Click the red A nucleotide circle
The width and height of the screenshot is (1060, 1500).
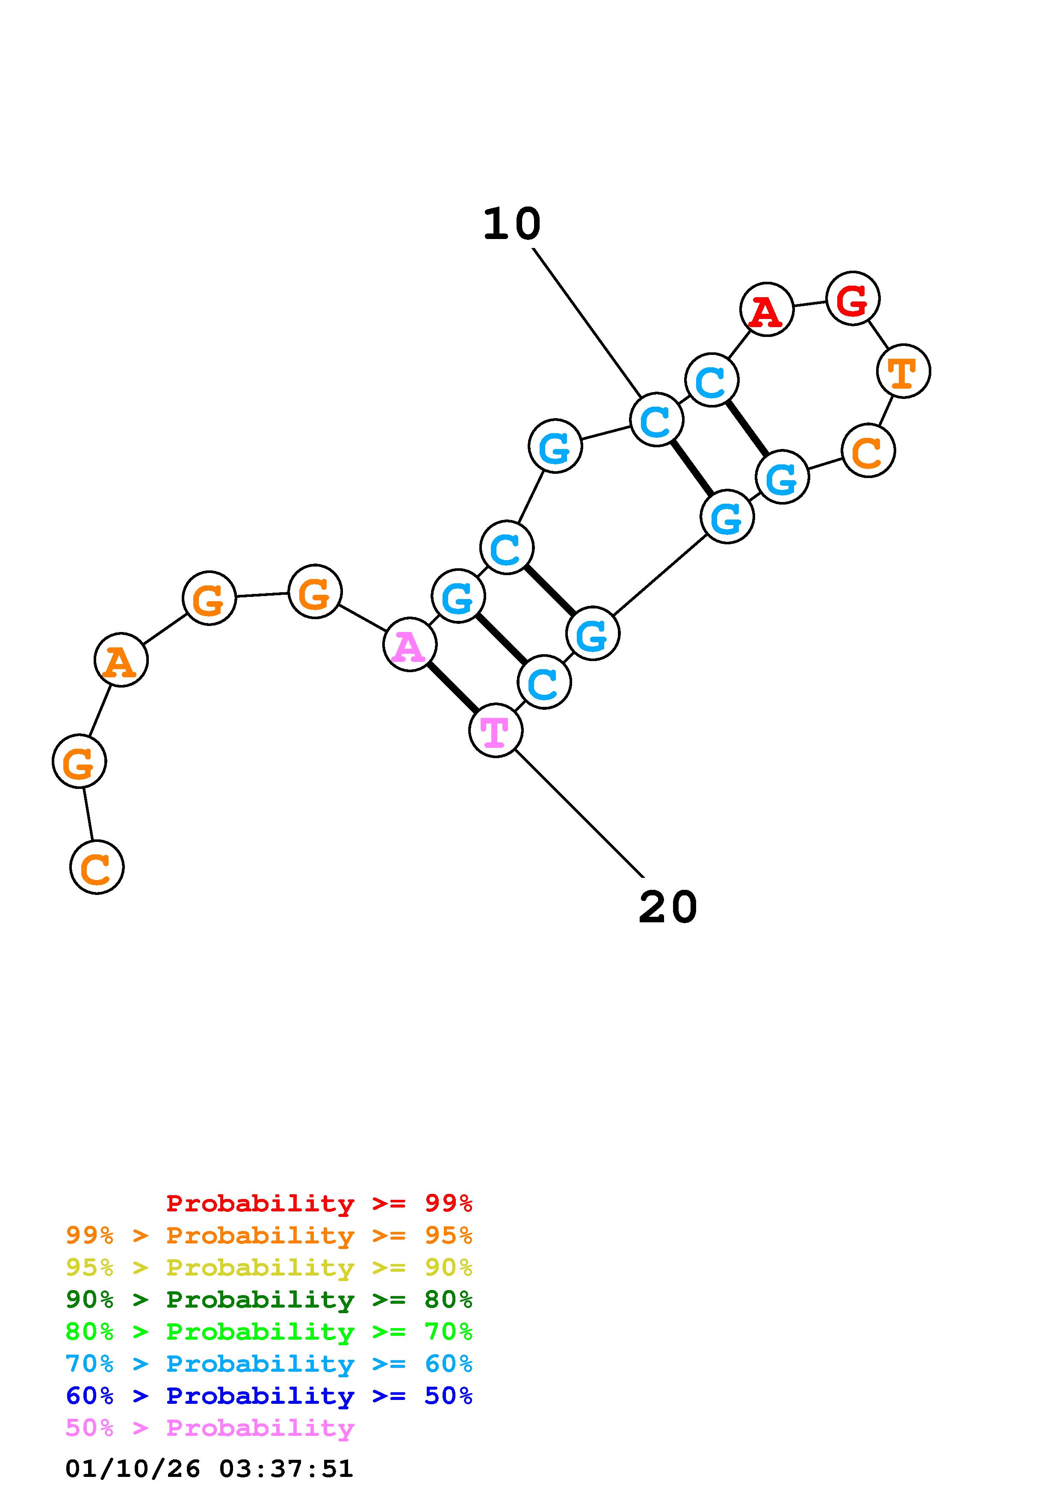click(766, 310)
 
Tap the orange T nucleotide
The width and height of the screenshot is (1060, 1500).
click(903, 371)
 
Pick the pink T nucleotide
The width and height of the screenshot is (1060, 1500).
click(496, 730)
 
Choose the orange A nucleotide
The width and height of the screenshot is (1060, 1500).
click(121, 661)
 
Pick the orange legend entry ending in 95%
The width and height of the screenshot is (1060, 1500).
click(269, 1235)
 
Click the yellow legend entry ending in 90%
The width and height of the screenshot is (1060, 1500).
click(269, 1267)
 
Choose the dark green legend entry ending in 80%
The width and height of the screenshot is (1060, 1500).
click(269, 1299)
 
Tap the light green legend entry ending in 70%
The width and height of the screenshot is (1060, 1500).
click(269, 1332)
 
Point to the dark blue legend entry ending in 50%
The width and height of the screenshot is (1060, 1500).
click(269, 1396)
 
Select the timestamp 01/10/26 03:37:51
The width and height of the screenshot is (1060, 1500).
click(210, 1469)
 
